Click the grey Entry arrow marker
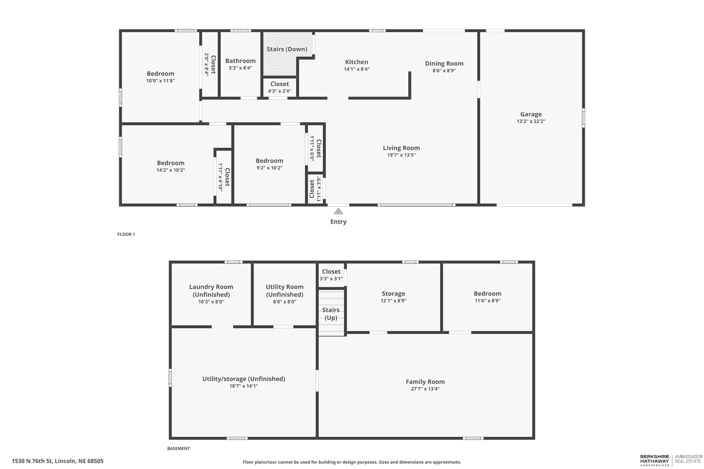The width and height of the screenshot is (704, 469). pos(338,211)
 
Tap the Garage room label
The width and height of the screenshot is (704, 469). pos(531,114)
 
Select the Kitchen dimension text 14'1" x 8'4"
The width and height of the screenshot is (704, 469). pos(357,69)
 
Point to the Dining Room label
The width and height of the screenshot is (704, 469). pos(444,63)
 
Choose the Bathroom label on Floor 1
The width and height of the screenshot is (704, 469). pos(240,61)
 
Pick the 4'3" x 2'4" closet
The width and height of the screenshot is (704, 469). pos(280,87)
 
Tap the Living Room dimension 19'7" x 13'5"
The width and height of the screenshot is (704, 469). pos(401,155)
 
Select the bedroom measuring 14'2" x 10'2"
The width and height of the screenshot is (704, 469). pos(171,166)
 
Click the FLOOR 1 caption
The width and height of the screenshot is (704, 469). pos(126,234)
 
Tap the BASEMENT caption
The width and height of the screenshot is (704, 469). pos(179,448)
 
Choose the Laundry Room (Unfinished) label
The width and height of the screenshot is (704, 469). pos(211,290)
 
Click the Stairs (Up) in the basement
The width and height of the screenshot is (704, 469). pos(331,313)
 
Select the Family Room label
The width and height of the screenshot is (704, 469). pos(425,382)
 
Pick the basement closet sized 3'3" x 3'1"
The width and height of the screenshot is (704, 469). pos(331,275)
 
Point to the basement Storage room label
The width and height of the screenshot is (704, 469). pos(393,294)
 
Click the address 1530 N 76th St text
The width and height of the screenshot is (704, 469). pos(58,461)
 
